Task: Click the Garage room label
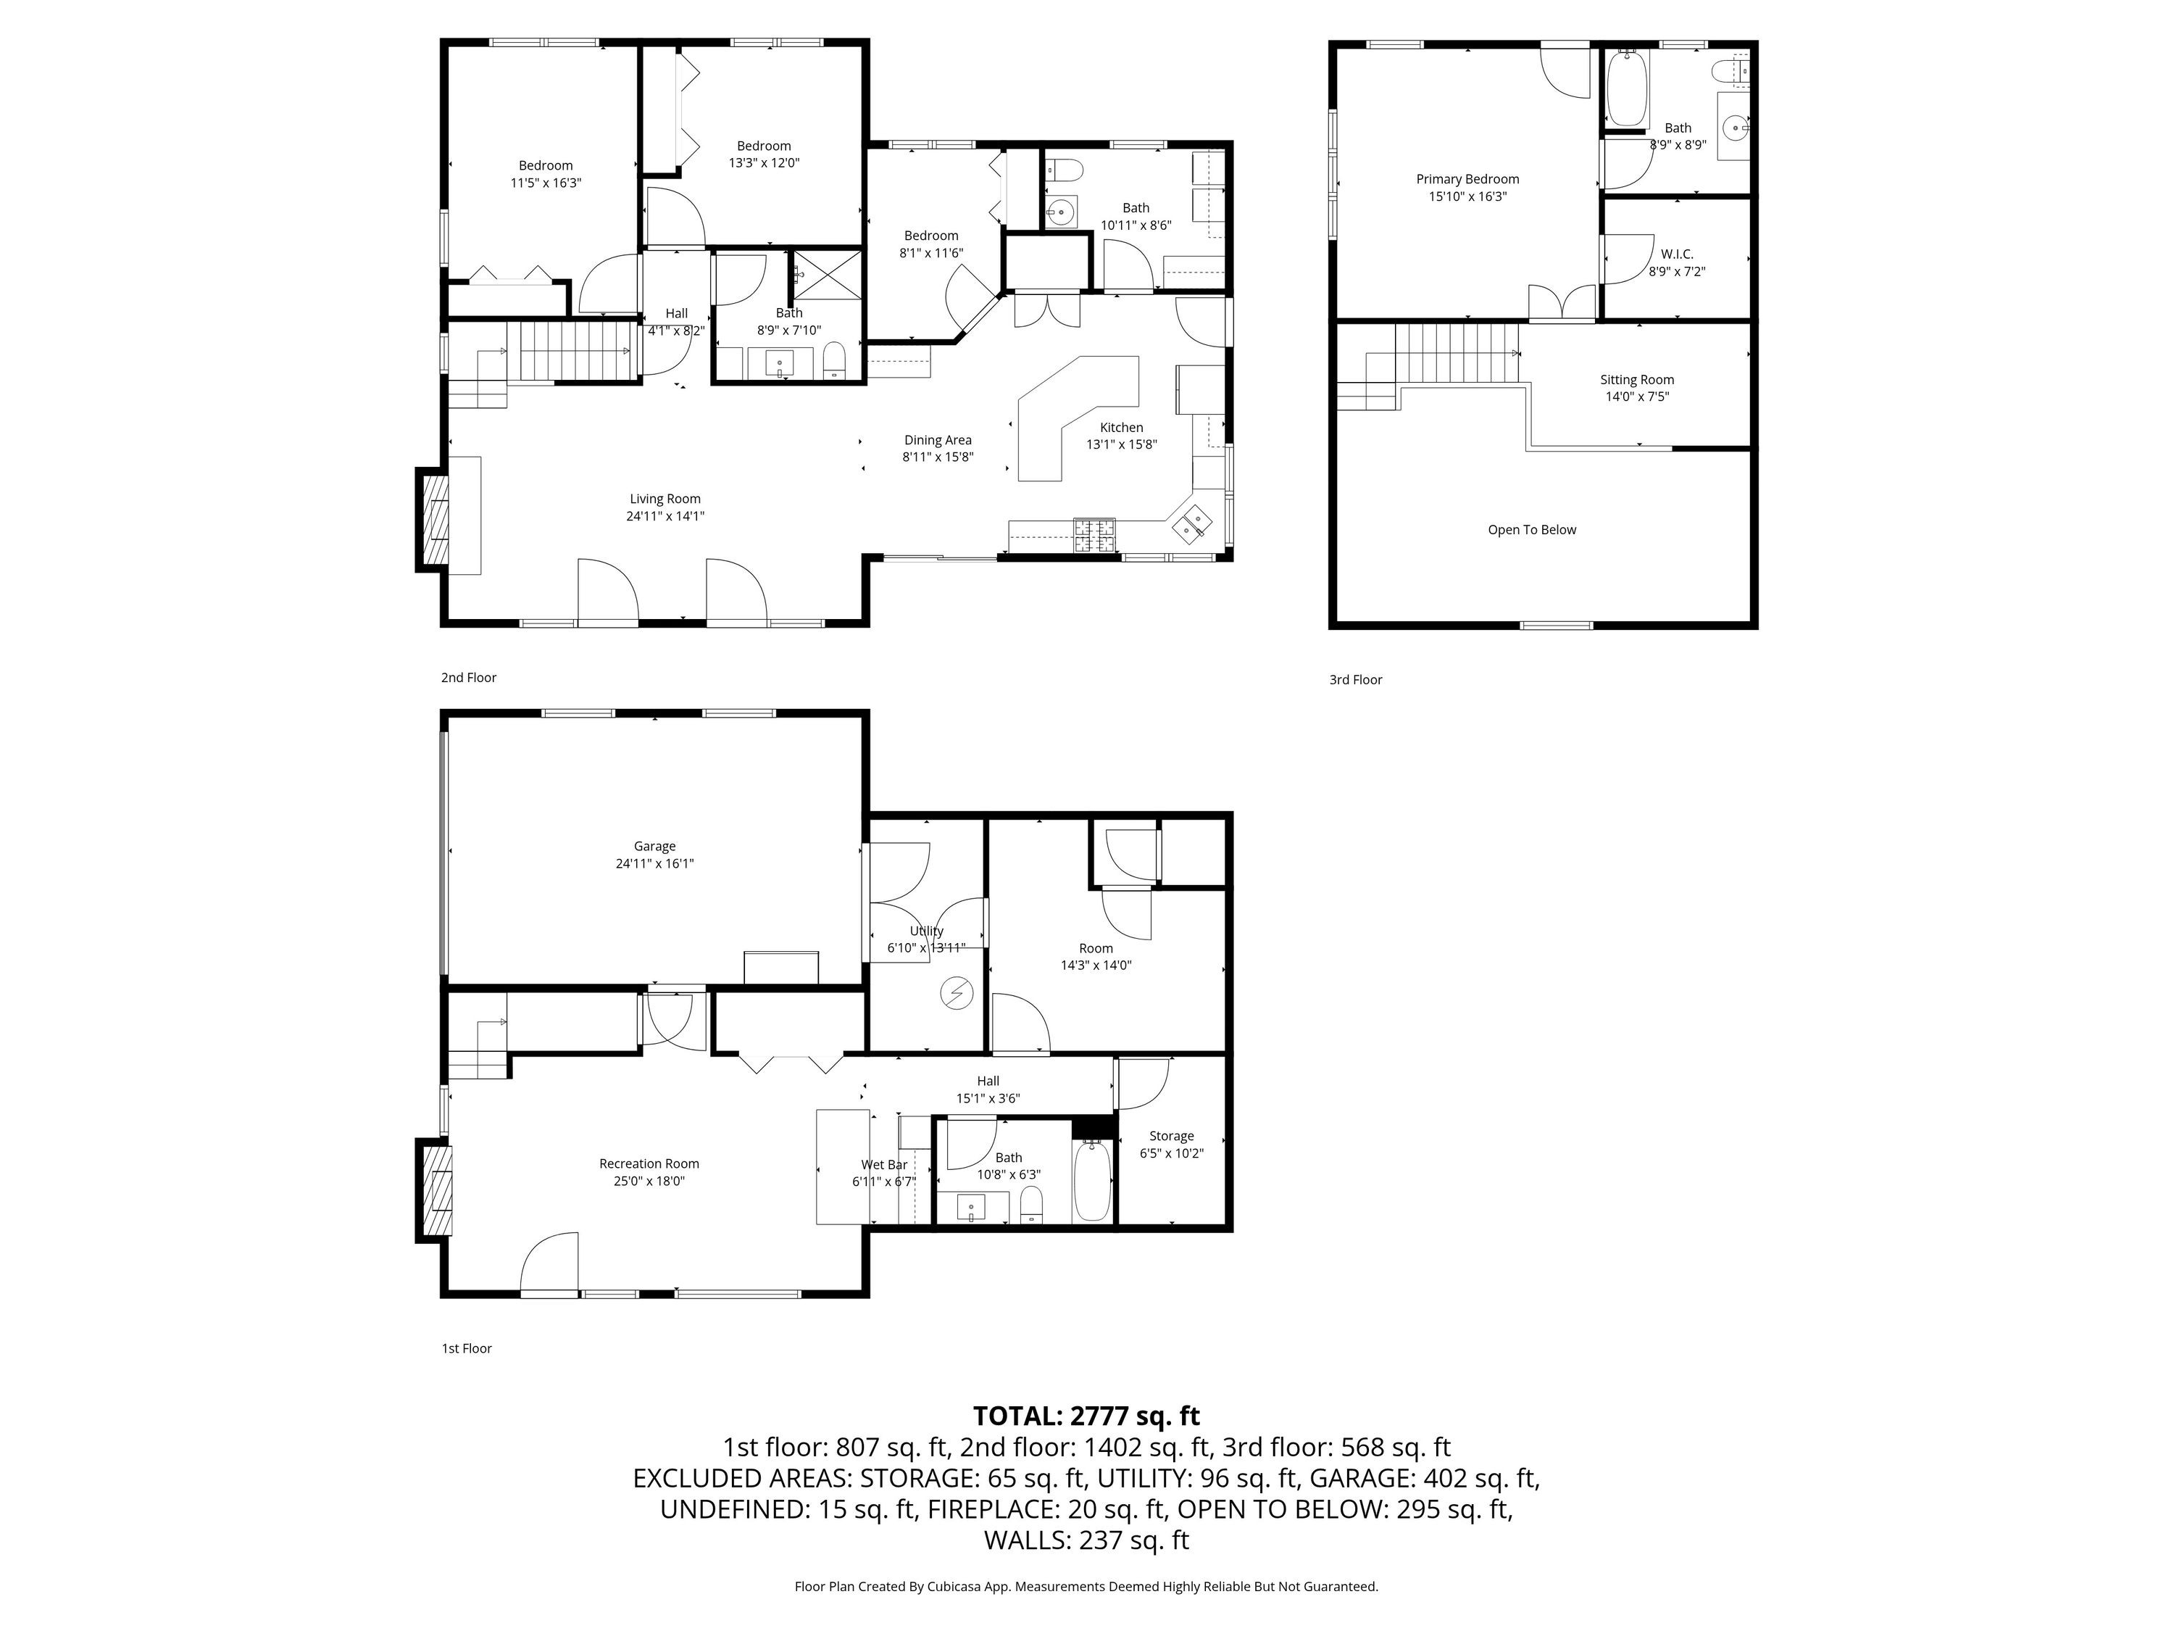pos(654,845)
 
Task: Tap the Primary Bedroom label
pos(1467,179)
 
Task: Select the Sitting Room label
pos(1636,380)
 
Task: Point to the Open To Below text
pos(1531,530)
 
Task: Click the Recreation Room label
pos(649,1163)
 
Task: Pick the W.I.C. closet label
pos(1677,254)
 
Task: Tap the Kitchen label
pos(1121,427)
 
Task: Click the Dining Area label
pos(938,439)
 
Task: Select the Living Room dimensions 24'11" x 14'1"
pos(665,515)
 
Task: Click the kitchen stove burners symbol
pos(1095,535)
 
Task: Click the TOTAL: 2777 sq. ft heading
pos(1086,1416)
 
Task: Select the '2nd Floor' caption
pos(469,677)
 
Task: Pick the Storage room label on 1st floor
pos(1172,1135)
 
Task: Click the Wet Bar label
pos(885,1165)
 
